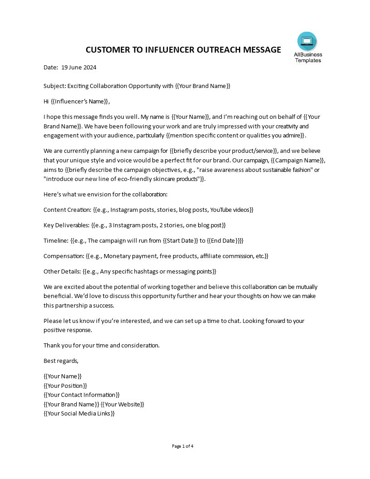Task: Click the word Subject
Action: (x=54, y=86)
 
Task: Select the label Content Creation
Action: (x=67, y=210)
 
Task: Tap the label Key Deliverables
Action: (x=66, y=225)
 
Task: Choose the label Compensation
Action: (x=63, y=256)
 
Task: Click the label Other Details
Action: (x=62, y=271)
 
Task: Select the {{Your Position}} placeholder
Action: (x=65, y=386)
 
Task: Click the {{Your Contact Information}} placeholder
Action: (x=82, y=395)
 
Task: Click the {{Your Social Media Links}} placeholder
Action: (x=79, y=413)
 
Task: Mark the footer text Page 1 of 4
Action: (x=183, y=446)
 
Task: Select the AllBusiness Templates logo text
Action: (x=308, y=58)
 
